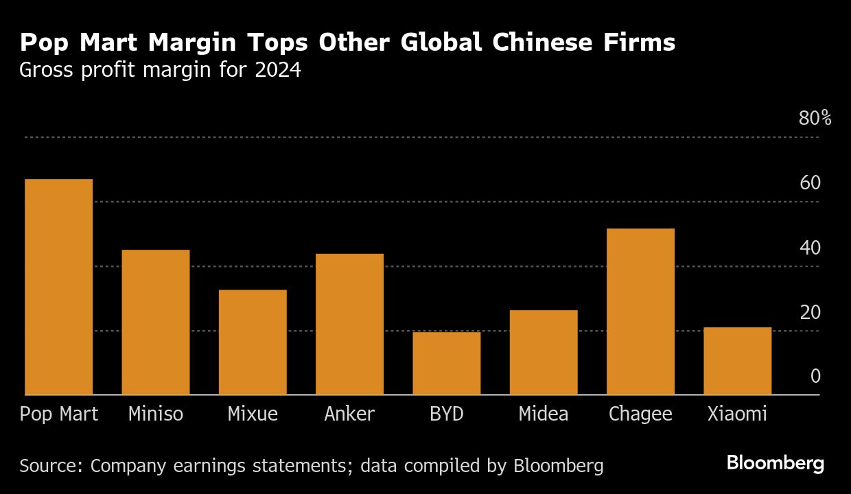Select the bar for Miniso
click(155, 322)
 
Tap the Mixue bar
click(253, 342)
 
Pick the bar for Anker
click(349, 324)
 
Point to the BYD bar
click(446, 364)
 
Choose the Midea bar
click(544, 353)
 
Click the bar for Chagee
click(640, 311)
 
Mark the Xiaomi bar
click(738, 361)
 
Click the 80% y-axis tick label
click(815, 119)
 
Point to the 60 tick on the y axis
click(810, 183)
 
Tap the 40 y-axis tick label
click(810, 248)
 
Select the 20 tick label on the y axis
click(810, 312)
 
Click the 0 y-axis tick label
click(815, 376)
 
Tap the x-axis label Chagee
click(640, 414)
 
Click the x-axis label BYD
click(446, 414)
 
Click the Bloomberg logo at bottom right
click(775, 463)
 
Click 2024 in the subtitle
click(279, 71)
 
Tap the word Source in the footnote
click(49, 467)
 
